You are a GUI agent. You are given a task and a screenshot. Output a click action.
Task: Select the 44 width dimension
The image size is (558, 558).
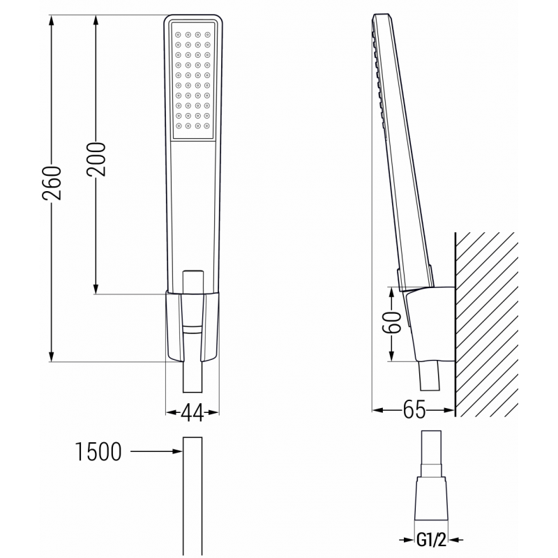(x=192, y=413)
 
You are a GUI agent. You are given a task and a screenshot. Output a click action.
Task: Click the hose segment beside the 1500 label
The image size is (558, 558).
(x=193, y=495)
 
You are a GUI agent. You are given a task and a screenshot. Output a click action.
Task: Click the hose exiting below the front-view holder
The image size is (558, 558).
(x=193, y=380)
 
